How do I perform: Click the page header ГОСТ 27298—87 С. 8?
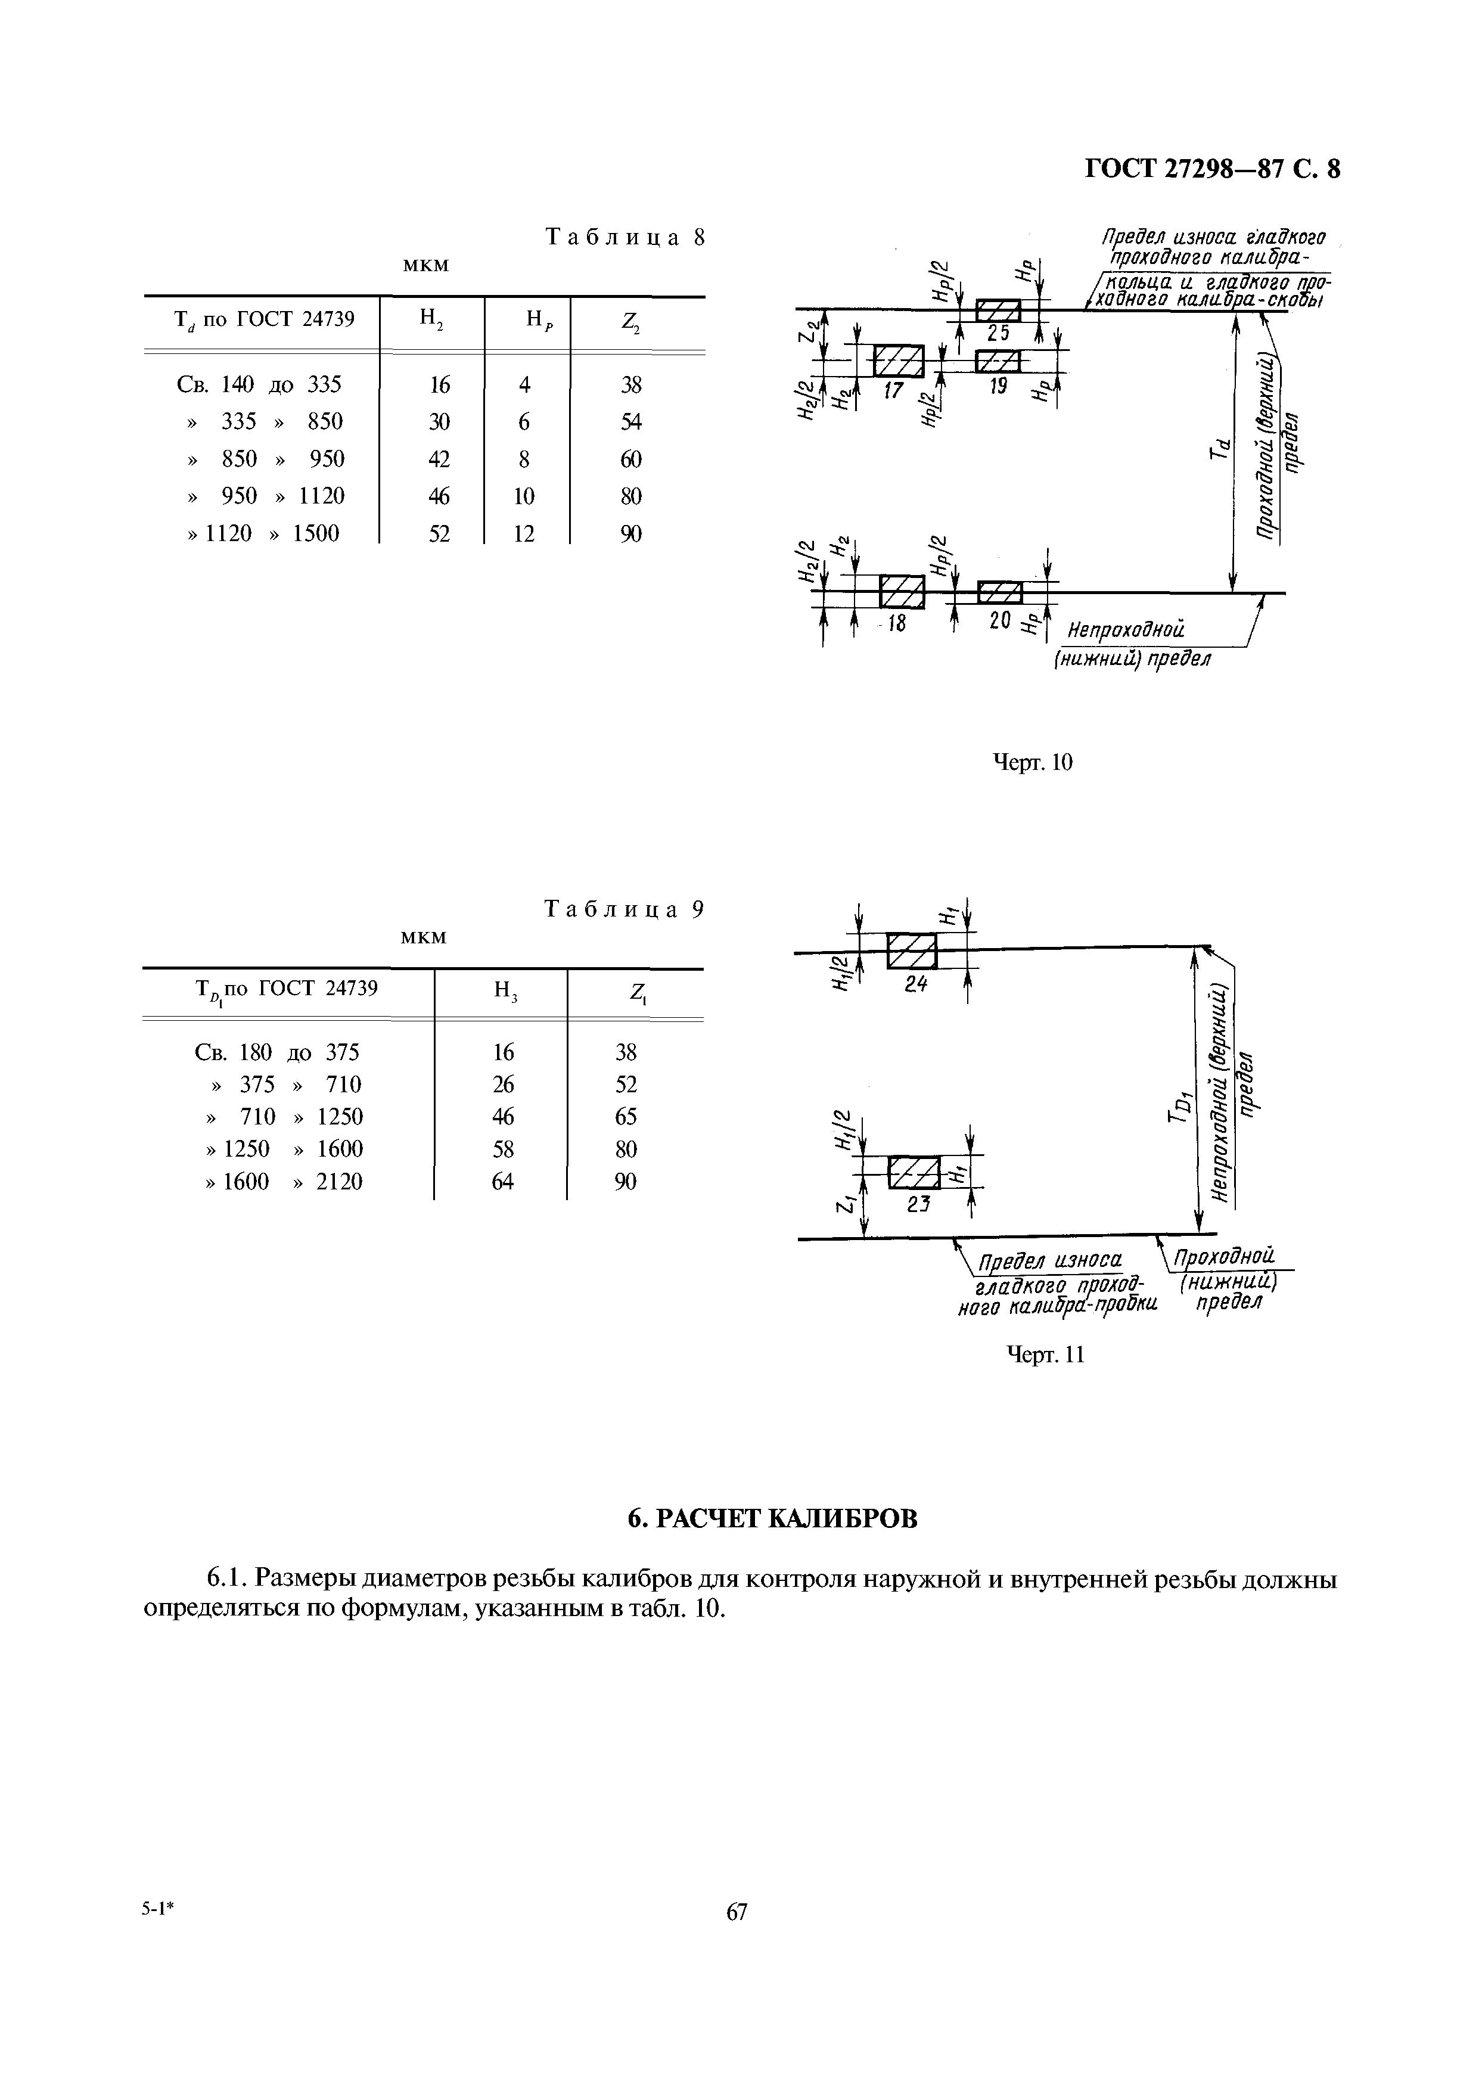pos(1212,170)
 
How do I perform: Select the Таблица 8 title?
pos(625,237)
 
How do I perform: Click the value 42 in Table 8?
pos(440,459)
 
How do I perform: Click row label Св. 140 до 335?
pos(258,385)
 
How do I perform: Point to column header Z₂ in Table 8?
pos(630,319)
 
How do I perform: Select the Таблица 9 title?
pos(625,910)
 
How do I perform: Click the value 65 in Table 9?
pos(626,1117)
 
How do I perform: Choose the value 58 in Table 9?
pos(503,1149)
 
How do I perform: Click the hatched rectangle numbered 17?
pos(899,361)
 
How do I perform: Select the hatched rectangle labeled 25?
pos(998,311)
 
